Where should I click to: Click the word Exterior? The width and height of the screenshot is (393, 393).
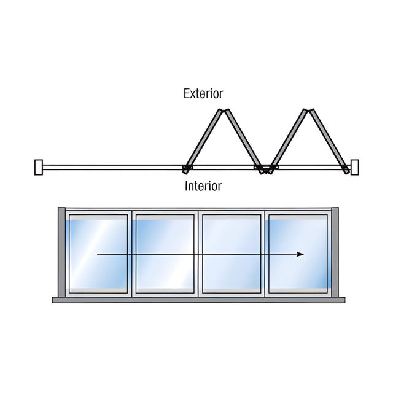coord(203,94)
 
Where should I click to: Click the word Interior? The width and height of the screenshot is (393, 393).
coord(203,186)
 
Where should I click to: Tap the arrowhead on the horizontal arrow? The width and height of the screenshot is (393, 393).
coord(300,254)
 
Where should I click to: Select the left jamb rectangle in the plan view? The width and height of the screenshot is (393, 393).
coord(39,167)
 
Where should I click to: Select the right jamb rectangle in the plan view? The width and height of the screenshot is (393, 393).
coord(355,167)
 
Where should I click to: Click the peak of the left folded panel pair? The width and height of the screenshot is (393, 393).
coord(224,111)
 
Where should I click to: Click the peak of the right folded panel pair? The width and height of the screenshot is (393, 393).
coord(308,111)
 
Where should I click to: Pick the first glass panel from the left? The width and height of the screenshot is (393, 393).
coord(98,254)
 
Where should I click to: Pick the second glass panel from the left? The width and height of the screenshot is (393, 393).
coord(165,254)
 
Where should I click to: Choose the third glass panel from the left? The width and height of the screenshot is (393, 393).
coord(232,254)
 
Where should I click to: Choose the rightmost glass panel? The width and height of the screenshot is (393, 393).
coord(298,254)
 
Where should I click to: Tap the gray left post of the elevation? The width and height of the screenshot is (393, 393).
coord(61,252)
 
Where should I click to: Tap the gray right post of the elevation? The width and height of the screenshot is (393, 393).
coord(335,252)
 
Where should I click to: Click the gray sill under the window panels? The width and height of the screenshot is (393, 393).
coord(198,300)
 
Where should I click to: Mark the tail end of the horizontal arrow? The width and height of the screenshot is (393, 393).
coord(97,254)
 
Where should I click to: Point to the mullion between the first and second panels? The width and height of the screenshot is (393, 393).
coord(132,254)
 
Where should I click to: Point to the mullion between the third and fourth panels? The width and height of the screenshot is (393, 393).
coord(265,254)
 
